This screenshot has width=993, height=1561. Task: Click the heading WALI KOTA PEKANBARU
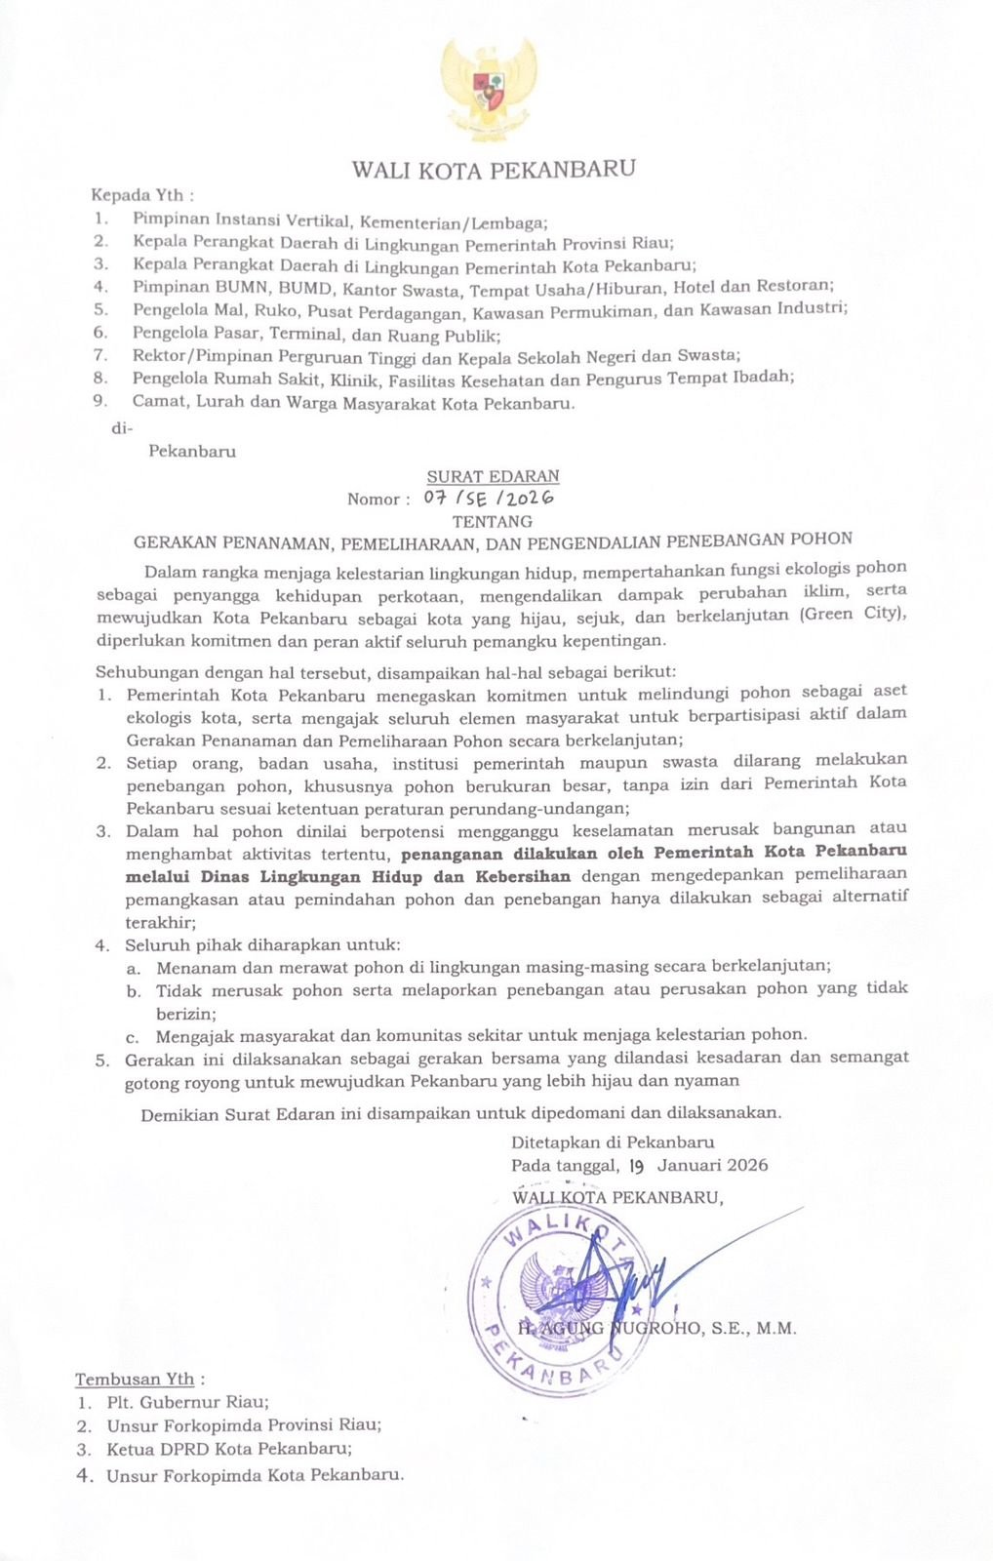494,170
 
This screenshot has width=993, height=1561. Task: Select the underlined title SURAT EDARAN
493,477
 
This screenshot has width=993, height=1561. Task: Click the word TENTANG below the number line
493,521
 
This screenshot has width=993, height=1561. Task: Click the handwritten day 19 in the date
637,1165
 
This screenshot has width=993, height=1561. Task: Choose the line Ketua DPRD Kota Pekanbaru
229,1449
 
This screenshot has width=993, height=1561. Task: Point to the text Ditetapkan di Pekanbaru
613,1142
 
